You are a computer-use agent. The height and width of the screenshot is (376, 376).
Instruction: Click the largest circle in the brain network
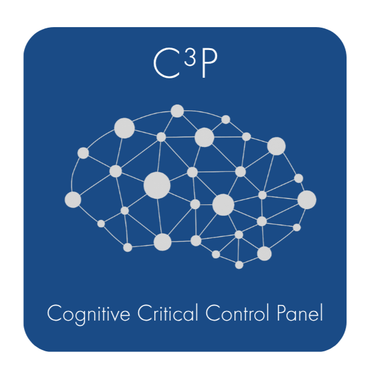point(157,184)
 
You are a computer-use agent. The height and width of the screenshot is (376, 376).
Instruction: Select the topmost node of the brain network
point(177,111)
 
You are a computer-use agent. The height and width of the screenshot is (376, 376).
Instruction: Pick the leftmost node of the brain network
point(73,199)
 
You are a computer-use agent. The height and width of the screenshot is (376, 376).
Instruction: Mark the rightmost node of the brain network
point(307,199)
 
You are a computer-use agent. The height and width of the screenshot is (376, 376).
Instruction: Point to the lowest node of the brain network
point(239,265)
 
